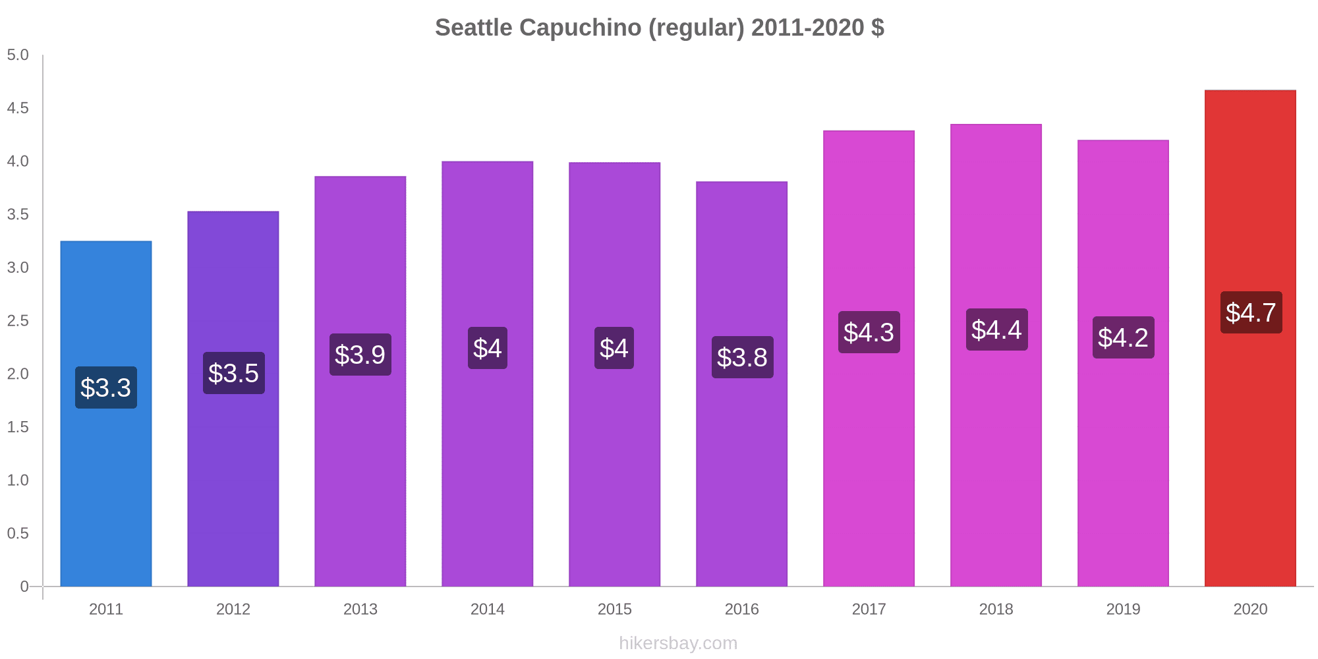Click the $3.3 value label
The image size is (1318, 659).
pos(105,387)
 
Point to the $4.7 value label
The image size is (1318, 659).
pos(1251,312)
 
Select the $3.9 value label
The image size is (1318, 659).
pos(360,355)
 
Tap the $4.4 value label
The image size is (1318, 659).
pos(996,329)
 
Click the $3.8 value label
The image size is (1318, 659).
pos(742,357)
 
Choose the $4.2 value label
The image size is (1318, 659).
pos(1123,337)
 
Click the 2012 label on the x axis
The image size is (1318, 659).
pos(233,609)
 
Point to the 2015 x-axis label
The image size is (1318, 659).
pos(614,609)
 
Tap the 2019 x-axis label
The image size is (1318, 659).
pos(1123,609)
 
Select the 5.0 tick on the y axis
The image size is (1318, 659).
pos(18,55)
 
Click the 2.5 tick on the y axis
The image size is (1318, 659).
pos(18,321)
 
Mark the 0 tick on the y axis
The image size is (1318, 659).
pos(24,587)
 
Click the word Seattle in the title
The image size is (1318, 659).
pos(473,28)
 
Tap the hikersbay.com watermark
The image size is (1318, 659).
pos(678,643)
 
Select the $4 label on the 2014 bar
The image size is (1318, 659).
pos(487,348)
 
